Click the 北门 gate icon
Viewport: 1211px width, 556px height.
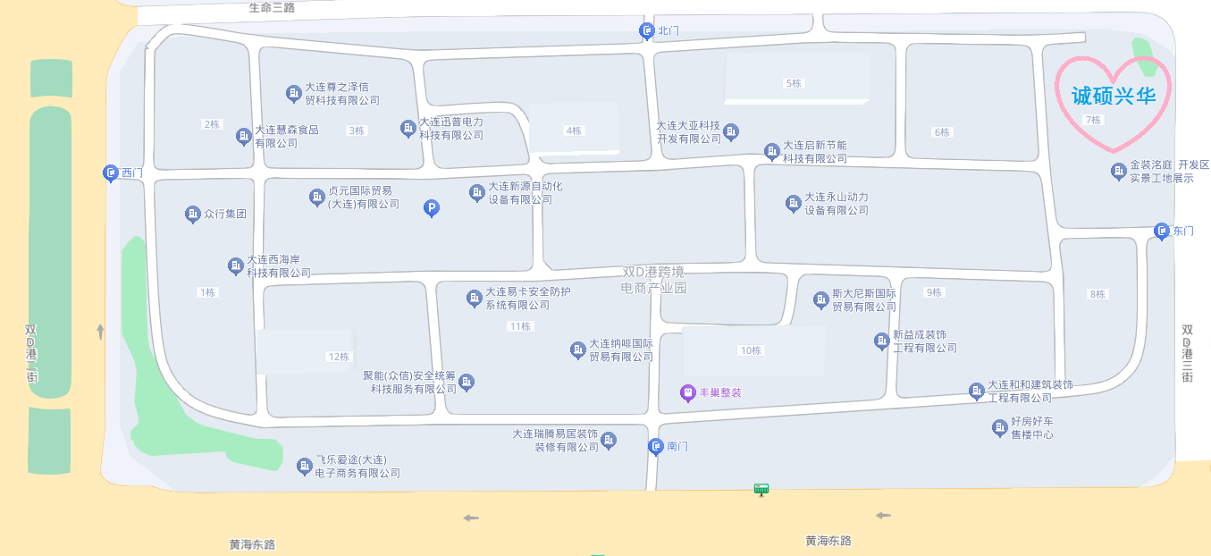click(646, 31)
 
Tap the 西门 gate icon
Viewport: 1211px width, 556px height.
click(110, 173)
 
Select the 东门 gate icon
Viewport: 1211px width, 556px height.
click(1162, 232)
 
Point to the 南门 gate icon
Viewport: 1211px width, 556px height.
click(656, 446)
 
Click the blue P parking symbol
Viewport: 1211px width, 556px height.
click(431, 208)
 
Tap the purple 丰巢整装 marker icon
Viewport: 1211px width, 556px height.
click(687, 392)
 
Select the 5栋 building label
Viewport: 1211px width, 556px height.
click(793, 83)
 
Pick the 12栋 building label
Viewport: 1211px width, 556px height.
click(339, 357)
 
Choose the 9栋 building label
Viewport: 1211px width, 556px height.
click(934, 292)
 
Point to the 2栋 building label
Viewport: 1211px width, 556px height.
click(212, 124)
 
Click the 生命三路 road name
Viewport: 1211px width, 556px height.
click(272, 7)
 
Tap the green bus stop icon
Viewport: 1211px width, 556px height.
click(761, 489)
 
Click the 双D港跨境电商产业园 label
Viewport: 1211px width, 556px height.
click(654, 279)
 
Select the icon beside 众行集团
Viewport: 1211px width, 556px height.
click(192, 215)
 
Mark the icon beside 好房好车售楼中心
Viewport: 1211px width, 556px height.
click(999, 428)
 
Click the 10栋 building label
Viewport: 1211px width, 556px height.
click(751, 350)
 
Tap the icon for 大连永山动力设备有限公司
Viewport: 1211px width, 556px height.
click(793, 204)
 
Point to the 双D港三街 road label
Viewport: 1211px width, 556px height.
click(1187, 354)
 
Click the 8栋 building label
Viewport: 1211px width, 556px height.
click(1097, 294)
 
